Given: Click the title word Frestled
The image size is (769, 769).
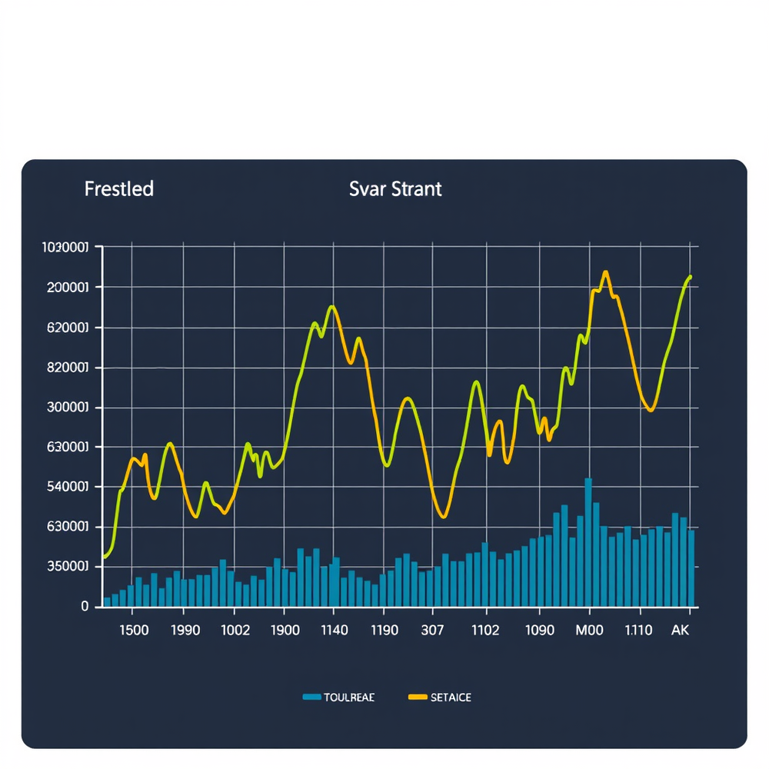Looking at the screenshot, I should point(118,188).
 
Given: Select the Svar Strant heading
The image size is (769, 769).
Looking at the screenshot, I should point(395,189).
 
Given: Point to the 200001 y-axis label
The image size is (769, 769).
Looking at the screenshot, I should point(68,287).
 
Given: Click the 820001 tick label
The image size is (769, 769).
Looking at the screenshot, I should point(68,368).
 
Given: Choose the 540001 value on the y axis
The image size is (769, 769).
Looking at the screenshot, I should point(68,487).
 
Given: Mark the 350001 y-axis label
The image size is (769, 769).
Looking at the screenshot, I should point(68,567).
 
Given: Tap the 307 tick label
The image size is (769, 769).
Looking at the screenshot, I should point(432,630).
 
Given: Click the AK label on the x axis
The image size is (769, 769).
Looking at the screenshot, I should point(680,630).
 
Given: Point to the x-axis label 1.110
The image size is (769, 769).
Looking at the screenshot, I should point(638,630).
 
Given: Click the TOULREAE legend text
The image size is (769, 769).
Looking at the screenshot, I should point(349,697).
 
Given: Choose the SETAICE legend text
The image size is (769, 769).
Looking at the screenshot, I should point(451,697).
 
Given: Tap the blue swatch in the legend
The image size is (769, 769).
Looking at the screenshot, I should point(311,697).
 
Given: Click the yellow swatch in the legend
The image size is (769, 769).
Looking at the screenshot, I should point(416,697).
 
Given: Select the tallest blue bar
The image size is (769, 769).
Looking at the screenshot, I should point(588,541).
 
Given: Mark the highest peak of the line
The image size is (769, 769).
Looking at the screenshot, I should point(605,272).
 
